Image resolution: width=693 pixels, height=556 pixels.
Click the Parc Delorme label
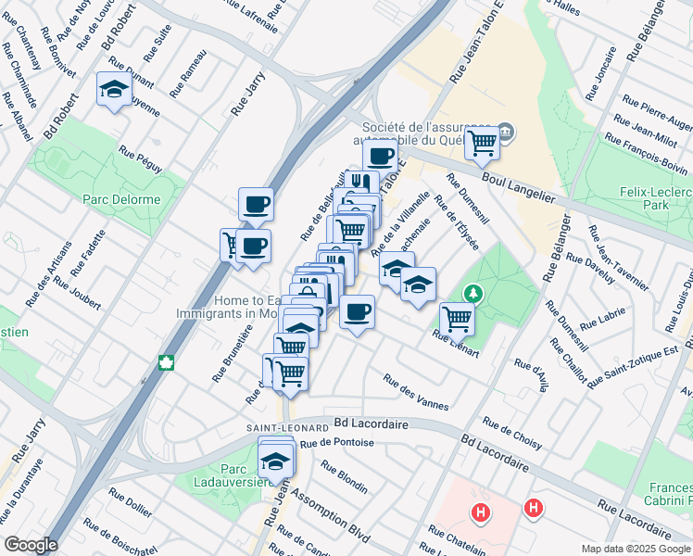point(121,199)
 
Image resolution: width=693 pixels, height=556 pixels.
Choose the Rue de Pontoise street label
point(335,442)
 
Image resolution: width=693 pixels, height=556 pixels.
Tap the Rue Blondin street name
point(345,476)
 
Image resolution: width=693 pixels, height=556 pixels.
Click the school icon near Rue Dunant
point(113,90)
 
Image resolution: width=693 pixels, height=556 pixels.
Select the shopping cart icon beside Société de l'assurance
point(482,142)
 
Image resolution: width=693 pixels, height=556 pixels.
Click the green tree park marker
point(473,294)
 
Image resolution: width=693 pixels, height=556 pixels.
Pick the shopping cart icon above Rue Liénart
point(457,318)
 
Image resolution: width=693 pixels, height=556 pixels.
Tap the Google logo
point(30,545)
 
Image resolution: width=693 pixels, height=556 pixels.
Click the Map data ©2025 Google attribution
point(635,548)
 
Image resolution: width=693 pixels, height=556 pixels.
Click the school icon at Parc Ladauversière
point(275,460)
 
